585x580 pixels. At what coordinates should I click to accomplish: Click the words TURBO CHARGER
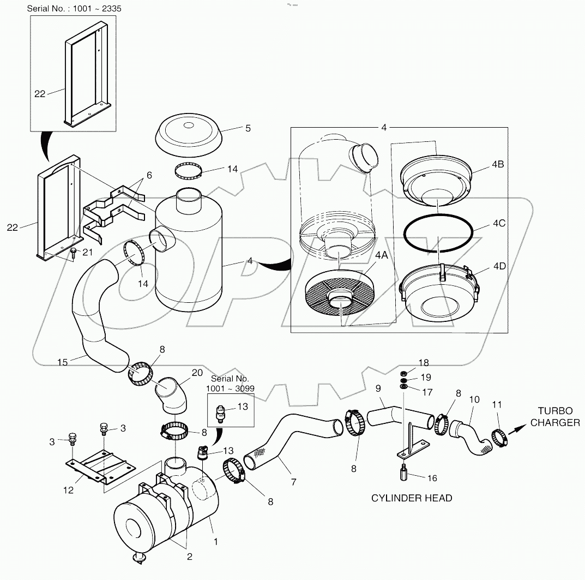point(555,417)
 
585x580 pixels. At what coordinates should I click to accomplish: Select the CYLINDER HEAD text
point(412,498)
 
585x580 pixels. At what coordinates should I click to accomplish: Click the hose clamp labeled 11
point(499,438)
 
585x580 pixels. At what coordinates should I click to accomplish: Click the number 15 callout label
point(63,362)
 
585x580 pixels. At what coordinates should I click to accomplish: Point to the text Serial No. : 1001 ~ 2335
point(72,9)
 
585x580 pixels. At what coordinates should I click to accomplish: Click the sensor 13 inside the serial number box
point(221,413)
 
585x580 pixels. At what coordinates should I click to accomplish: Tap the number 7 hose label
point(294,482)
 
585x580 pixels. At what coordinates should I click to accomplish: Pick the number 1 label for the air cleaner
point(216,542)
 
